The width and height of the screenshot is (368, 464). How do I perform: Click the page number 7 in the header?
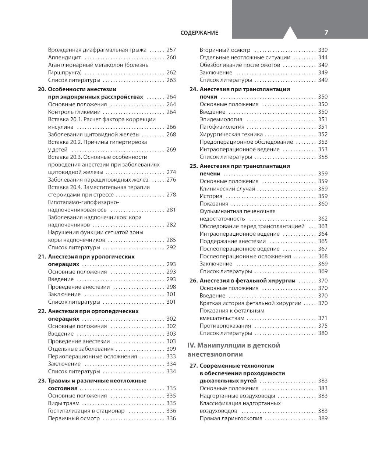coord(326,32)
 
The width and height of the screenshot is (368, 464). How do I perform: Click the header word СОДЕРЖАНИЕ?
coord(199,33)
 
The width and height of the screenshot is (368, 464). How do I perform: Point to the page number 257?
coord(171,50)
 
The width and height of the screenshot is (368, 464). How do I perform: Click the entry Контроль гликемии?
coord(74,112)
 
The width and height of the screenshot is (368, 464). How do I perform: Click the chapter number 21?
coord(42,257)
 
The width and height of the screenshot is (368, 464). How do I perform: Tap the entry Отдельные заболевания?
coord(81,349)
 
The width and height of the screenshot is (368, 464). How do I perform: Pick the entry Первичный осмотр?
coord(74,418)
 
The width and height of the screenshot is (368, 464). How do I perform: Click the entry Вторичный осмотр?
coord(225,50)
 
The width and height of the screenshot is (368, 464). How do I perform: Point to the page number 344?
coord(323,57)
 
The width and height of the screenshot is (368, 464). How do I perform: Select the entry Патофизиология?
coord(222,127)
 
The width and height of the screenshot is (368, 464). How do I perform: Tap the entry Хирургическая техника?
coord(231,134)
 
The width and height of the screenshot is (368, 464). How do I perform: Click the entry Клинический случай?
coord(227,189)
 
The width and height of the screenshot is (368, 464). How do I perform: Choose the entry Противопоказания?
coord(225,326)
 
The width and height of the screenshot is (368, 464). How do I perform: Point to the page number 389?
coord(323,418)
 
